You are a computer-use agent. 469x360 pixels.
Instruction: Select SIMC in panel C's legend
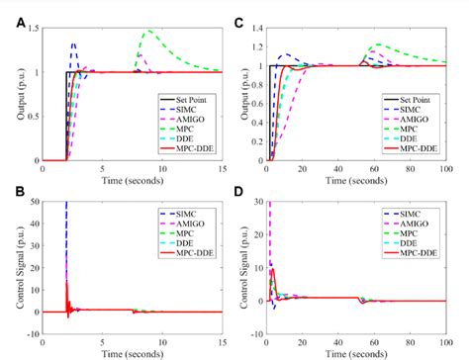click(x=417, y=111)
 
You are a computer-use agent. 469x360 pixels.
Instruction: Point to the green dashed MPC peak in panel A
click(x=148, y=32)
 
